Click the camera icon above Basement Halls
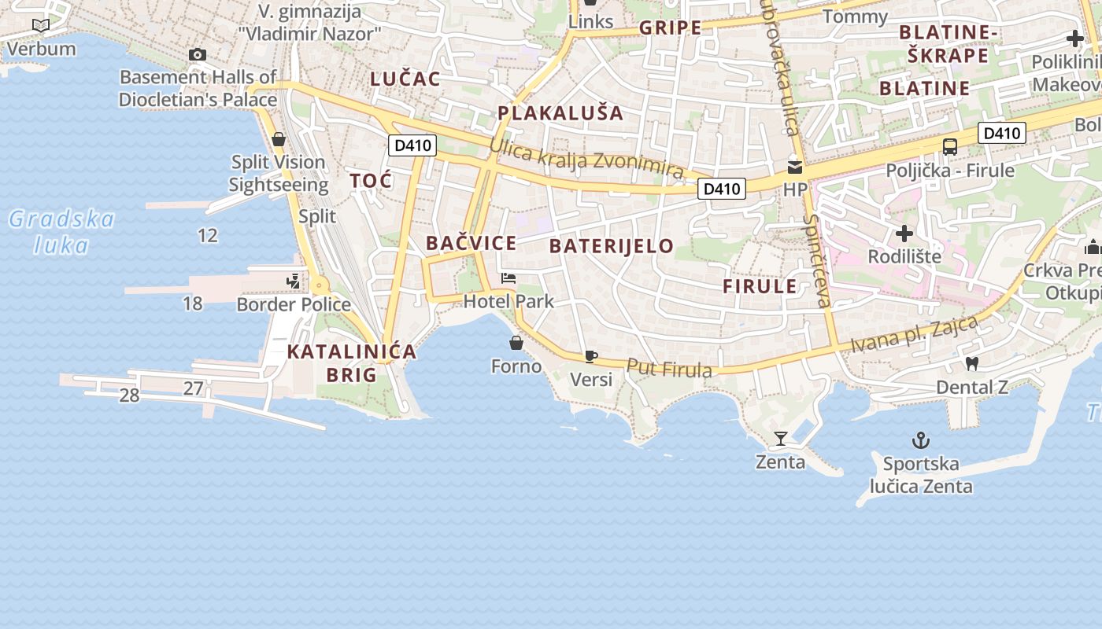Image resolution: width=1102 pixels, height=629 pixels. [x=198, y=54]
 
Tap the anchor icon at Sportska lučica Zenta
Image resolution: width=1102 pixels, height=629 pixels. [x=920, y=440]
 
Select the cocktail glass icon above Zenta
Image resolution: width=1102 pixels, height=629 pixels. [x=781, y=438]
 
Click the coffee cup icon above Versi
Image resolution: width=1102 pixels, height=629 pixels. [x=591, y=357]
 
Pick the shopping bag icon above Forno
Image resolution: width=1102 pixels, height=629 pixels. [x=516, y=343]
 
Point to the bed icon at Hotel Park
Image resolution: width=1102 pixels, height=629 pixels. [x=508, y=278]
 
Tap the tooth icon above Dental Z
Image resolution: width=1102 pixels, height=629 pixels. [x=971, y=363]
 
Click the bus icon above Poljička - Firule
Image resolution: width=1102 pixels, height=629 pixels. [x=950, y=146]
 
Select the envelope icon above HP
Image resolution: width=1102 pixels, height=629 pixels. [x=795, y=167]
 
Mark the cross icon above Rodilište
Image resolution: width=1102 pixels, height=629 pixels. [x=904, y=234]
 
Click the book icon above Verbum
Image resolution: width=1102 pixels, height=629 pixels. [x=41, y=26]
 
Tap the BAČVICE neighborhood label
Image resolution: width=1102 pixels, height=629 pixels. [x=471, y=243]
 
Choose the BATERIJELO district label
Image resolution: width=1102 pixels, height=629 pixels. [x=612, y=246]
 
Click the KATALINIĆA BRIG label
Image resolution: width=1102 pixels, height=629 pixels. [x=351, y=362]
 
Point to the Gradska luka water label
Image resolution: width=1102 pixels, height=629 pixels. [x=61, y=232]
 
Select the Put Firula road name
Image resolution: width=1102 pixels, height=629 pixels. [x=669, y=368]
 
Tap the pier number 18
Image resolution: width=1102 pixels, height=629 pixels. [x=192, y=303]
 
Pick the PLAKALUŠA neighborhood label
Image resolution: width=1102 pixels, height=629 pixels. [x=560, y=112]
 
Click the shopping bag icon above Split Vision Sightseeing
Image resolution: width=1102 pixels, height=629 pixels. [x=278, y=139]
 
